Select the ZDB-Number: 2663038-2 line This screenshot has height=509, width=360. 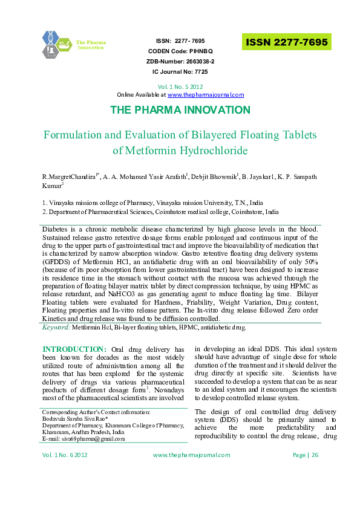(180, 61)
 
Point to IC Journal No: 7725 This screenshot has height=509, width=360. (180, 71)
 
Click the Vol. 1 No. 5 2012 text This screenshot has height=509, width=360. (180, 86)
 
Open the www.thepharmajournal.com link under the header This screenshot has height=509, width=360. (205, 95)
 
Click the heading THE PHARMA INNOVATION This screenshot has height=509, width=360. (180, 110)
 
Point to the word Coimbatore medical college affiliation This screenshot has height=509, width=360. (223, 213)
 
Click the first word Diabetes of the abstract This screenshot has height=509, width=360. (56, 231)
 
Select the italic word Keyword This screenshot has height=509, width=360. (56, 327)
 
